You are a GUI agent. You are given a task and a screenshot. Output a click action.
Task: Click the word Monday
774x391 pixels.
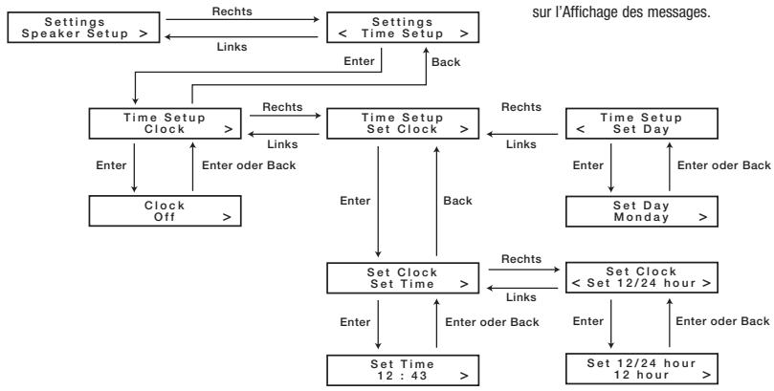[641, 217]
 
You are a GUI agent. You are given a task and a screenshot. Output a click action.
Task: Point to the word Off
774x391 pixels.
[165, 217]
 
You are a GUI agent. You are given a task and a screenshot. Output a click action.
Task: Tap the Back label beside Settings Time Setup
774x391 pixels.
[446, 62]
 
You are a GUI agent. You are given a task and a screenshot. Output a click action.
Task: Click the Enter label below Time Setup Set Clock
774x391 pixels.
[355, 201]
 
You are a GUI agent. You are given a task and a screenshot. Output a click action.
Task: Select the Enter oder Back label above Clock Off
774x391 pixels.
[249, 165]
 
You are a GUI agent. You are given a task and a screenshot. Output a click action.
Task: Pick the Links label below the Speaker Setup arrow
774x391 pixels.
[232, 47]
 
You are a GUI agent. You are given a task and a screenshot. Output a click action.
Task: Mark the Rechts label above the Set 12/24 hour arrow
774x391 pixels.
[521, 259]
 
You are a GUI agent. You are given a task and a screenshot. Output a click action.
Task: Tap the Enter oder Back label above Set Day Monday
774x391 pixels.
[724, 165]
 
